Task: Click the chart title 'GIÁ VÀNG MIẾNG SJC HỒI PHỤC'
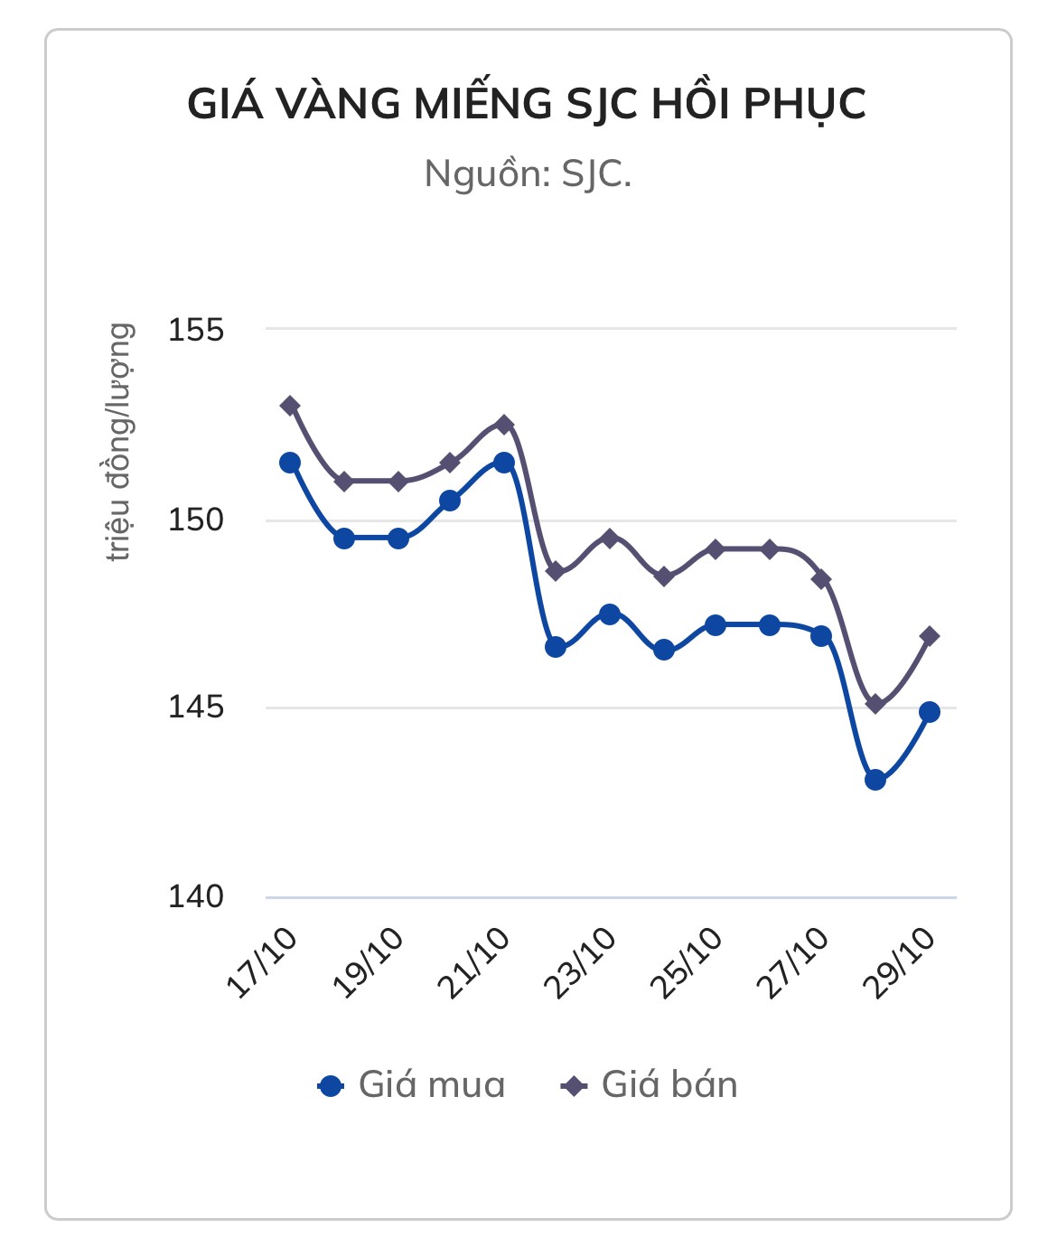[x=527, y=104]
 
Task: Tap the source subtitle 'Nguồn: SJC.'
[x=528, y=173]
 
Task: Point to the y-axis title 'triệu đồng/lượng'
[x=120, y=442]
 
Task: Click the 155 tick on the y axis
[x=195, y=330]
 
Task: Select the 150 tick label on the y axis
[x=195, y=520]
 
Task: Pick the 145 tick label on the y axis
[x=195, y=708]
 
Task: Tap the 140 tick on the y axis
[x=195, y=897]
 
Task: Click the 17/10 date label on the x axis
[x=261, y=963]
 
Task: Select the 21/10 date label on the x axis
[x=473, y=963]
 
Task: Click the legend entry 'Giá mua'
[x=412, y=1084]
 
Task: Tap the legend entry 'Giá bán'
[x=650, y=1084]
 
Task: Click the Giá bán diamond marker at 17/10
[x=290, y=406]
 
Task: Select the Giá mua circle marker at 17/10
[x=290, y=463]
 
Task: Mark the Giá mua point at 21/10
[x=504, y=463]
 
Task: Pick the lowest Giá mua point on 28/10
[x=875, y=780]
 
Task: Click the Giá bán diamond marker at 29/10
[x=929, y=636]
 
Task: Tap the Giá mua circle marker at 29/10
[x=929, y=712]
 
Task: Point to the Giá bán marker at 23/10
[x=610, y=539]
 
